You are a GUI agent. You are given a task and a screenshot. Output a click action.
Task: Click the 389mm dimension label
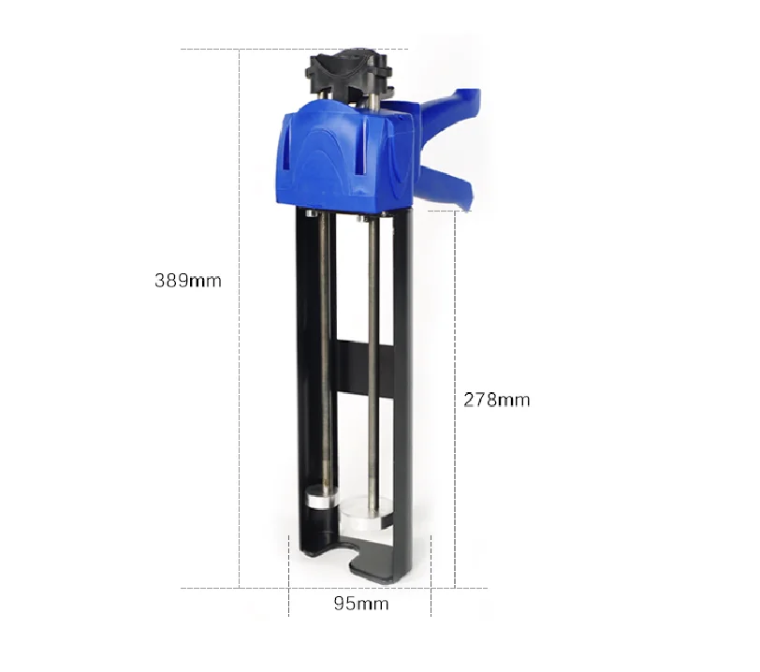188,280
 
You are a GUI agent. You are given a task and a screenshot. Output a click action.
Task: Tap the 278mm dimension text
496,400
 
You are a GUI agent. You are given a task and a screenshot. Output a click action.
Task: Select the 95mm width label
360,604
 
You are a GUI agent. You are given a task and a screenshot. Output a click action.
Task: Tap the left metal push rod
325,356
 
